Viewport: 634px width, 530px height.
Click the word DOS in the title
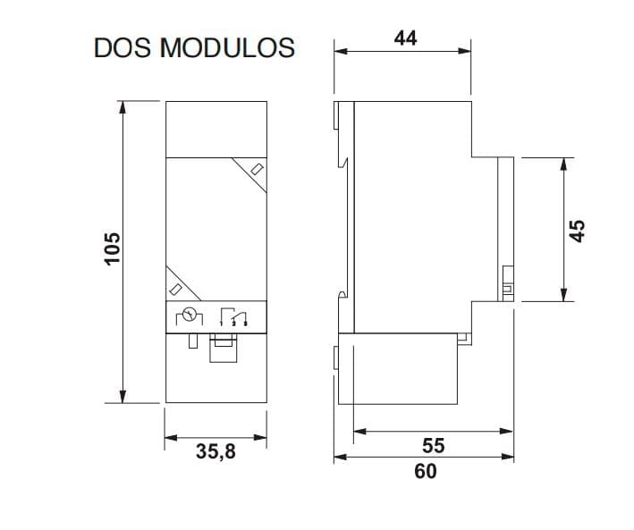click(x=123, y=47)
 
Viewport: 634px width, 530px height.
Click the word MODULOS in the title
click(x=227, y=47)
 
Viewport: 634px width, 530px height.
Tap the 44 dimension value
click(x=405, y=38)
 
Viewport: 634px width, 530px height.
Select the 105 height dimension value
click(x=112, y=248)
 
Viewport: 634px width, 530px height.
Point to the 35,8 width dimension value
click(x=216, y=451)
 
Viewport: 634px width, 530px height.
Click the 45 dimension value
click(x=577, y=231)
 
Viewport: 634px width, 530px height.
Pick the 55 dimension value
click(x=434, y=445)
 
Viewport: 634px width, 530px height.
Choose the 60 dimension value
click(x=426, y=471)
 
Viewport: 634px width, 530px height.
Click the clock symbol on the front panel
click(x=190, y=315)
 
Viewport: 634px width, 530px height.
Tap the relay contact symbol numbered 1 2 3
click(x=233, y=316)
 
